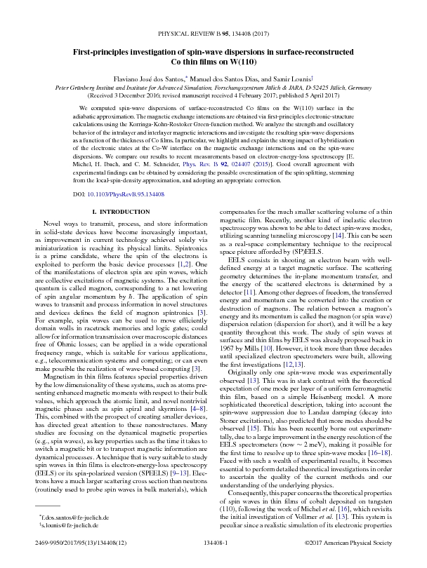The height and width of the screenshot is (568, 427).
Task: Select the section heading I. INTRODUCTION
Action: (118, 211)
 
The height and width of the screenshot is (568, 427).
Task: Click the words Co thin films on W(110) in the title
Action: (213, 62)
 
